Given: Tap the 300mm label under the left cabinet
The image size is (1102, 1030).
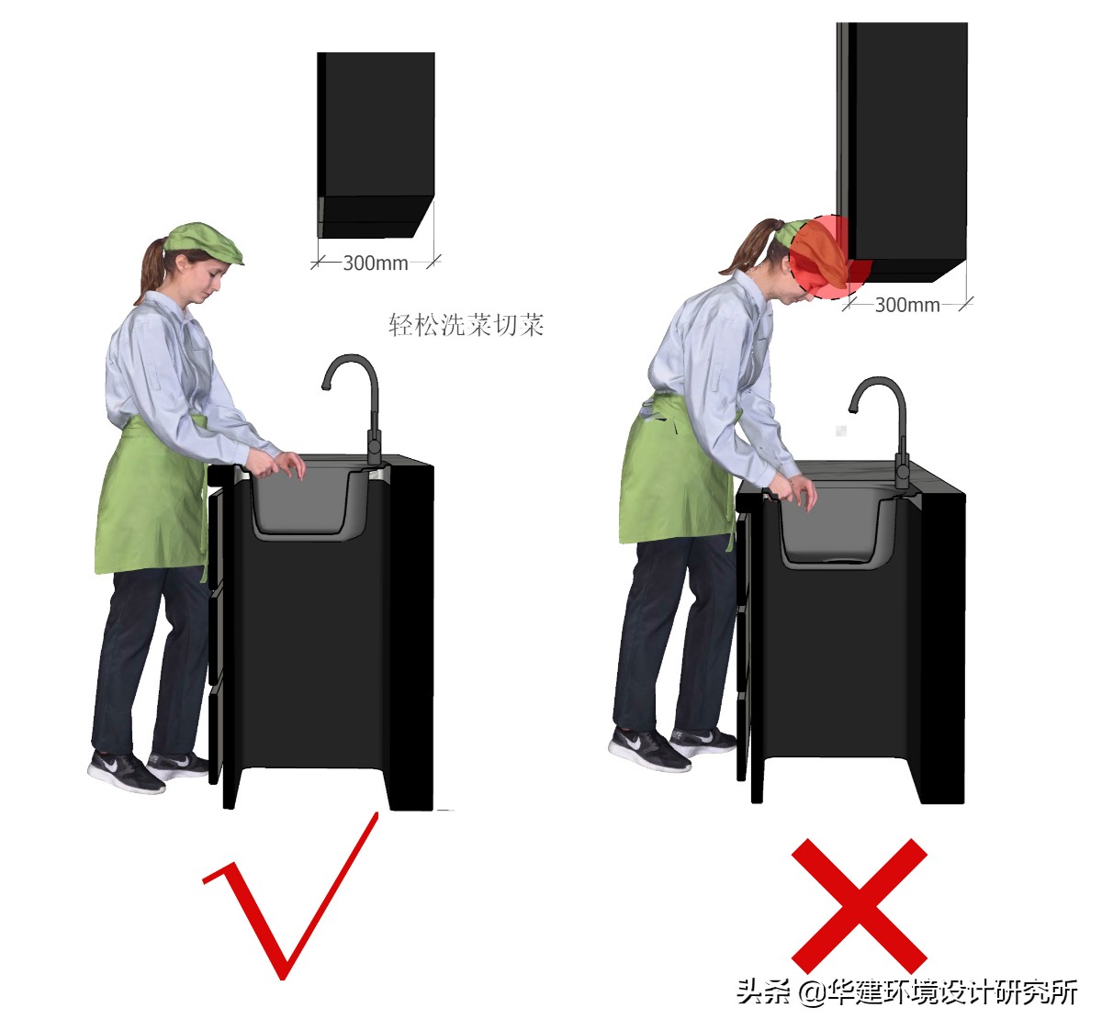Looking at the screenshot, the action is coord(376,263).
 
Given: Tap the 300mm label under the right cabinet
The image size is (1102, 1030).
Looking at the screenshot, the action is coord(907,305).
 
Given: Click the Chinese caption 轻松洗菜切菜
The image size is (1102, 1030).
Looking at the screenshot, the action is coord(466,325).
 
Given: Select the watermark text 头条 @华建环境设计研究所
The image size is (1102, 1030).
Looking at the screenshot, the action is coord(906,991).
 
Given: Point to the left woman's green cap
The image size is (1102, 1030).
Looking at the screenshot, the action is coord(204,242).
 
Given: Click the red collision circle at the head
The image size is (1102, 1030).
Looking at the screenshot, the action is coord(829,257).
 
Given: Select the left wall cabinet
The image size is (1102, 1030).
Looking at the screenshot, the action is coord(376,145).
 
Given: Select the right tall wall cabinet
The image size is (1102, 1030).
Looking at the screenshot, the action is coord(902,152).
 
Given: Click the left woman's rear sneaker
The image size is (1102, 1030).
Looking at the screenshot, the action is coord(126,771).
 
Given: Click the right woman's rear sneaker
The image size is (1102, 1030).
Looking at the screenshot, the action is coord(649,749).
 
